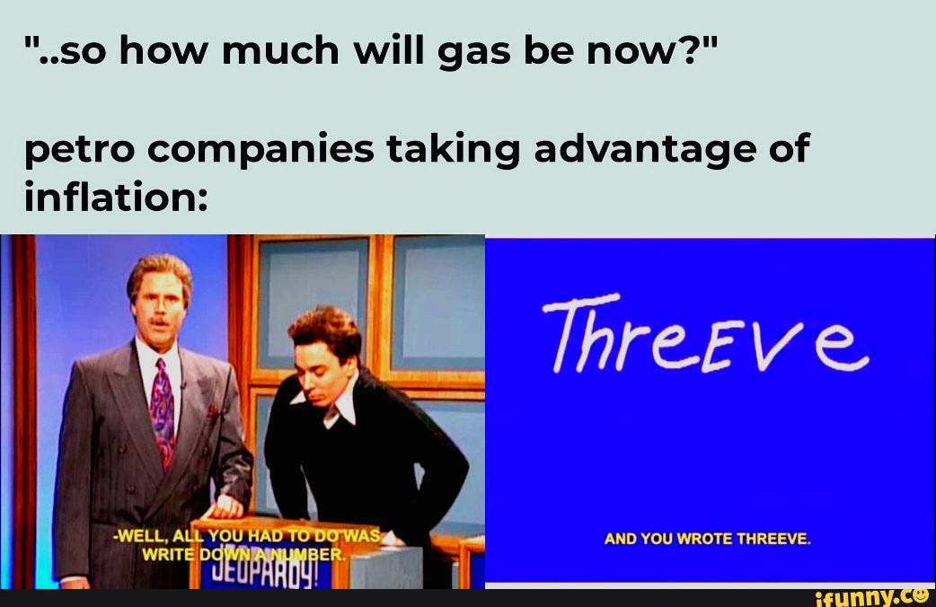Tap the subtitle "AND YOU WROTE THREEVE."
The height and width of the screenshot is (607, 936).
click(x=709, y=539)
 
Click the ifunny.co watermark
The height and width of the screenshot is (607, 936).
click(x=872, y=596)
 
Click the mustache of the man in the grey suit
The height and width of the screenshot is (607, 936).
click(x=159, y=321)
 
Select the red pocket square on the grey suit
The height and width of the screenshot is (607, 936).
click(x=213, y=411)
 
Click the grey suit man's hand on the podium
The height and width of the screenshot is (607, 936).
click(x=225, y=506)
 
